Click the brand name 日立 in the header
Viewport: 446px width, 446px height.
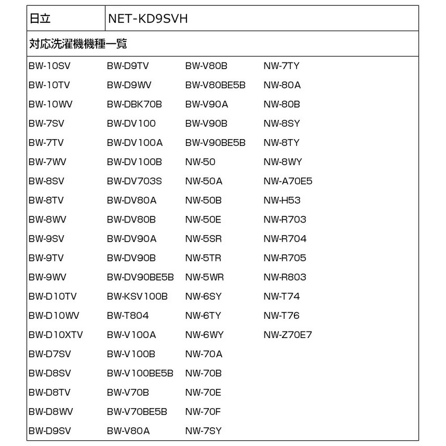pyautogui.click(x=40, y=18)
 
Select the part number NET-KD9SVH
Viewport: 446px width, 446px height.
pyautogui.click(x=147, y=18)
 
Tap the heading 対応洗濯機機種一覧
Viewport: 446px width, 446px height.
pyautogui.click(x=78, y=44)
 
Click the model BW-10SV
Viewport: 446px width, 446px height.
pyautogui.click(x=50, y=66)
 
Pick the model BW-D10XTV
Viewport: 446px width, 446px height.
pyautogui.click(x=56, y=334)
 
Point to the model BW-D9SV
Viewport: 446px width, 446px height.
pyautogui.click(x=50, y=430)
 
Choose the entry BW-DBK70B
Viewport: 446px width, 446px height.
pyautogui.click(x=134, y=104)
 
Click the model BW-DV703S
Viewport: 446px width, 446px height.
pyautogui.click(x=134, y=181)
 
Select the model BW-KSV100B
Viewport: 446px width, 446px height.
pyautogui.click(x=137, y=296)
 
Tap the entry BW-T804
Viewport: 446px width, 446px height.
pyautogui.click(x=128, y=315)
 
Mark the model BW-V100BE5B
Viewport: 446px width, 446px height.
pyautogui.click(x=140, y=373)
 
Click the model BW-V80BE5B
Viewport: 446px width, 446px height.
pyautogui.click(x=215, y=85)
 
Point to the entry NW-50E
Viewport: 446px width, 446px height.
pyautogui.click(x=203, y=219)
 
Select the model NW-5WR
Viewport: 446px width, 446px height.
pyautogui.click(x=204, y=277)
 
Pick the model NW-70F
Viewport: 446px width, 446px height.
pyautogui.click(x=203, y=411)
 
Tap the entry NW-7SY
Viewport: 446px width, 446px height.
pyautogui.click(x=203, y=430)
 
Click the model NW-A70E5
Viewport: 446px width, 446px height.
pyautogui.click(x=288, y=181)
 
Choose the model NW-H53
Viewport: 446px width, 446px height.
pyautogui.click(x=282, y=200)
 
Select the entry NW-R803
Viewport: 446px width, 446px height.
pyautogui.click(x=285, y=277)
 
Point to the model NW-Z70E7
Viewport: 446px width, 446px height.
pyautogui.click(x=288, y=334)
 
